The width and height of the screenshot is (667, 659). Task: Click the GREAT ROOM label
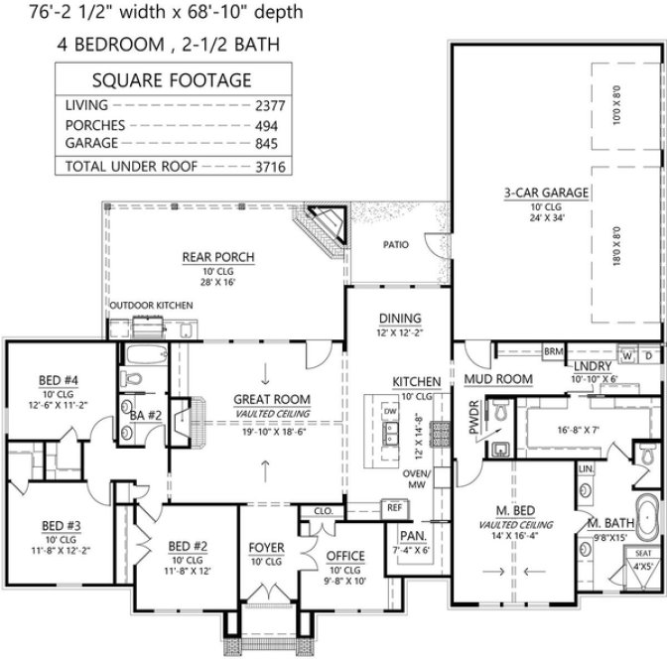coord(261,399)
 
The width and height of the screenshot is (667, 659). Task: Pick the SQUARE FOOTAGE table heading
coord(171,80)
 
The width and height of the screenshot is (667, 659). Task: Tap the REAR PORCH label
coord(218,257)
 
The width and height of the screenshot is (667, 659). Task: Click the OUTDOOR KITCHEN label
coord(151,306)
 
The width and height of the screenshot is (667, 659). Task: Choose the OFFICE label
coord(345,556)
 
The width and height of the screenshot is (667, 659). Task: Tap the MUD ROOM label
coord(498,379)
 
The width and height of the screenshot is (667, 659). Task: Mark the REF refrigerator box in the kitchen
coord(393,507)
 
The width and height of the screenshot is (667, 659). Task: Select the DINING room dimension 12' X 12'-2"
coord(400,333)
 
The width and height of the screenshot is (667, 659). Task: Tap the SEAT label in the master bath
coord(643,554)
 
